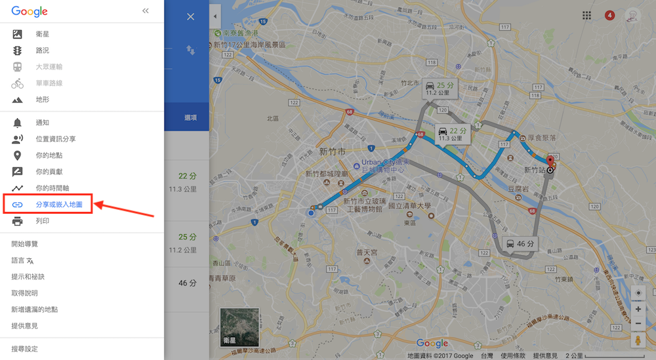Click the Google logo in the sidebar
point(30,11)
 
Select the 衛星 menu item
point(42,34)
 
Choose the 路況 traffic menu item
point(42,50)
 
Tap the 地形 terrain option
point(42,100)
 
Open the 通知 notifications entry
point(42,123)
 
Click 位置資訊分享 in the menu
point(55,139)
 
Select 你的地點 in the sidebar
point(49,155)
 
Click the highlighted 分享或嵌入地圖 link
point(58,205)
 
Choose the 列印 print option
point(42,221)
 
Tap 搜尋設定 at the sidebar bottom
point(25,349)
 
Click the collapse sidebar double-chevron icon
point(145,11)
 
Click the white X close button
point(191,17)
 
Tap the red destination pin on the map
point(550,162)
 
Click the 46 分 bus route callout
point(520,245)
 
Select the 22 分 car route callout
point(453,133)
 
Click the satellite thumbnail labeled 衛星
point(239,327)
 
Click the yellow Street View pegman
point(638,340)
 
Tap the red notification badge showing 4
point(609,15)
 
